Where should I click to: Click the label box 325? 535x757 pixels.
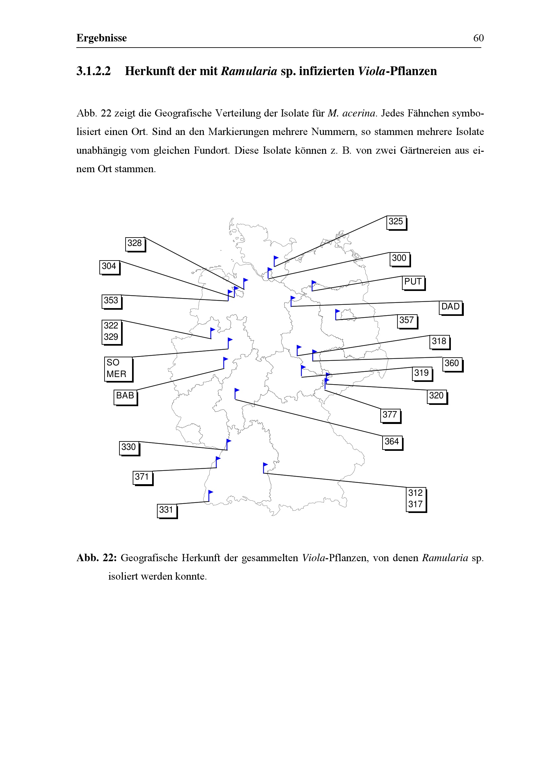coord(396,222)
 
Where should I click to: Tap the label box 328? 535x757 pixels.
coord(135,244)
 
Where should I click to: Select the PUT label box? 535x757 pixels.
coord(413,282)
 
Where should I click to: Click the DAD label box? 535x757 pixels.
coord(450,307)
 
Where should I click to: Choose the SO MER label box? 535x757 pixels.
coord(118,368)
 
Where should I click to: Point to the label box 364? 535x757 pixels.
coord(392,442)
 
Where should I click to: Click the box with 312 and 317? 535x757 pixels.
coord(415,499)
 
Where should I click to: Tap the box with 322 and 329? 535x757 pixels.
coord(111,332)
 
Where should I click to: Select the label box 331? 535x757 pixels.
coord(166,510)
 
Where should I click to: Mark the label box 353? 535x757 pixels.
coord(111,301)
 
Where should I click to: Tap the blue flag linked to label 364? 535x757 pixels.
coord(237,393)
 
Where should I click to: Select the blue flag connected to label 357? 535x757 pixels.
coord(337,314)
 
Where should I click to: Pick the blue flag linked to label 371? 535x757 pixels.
coord(217,462)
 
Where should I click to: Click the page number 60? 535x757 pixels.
coord(478,38)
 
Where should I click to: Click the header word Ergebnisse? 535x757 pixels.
coord(102,38)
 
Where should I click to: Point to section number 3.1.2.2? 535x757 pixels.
coord(94,71)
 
